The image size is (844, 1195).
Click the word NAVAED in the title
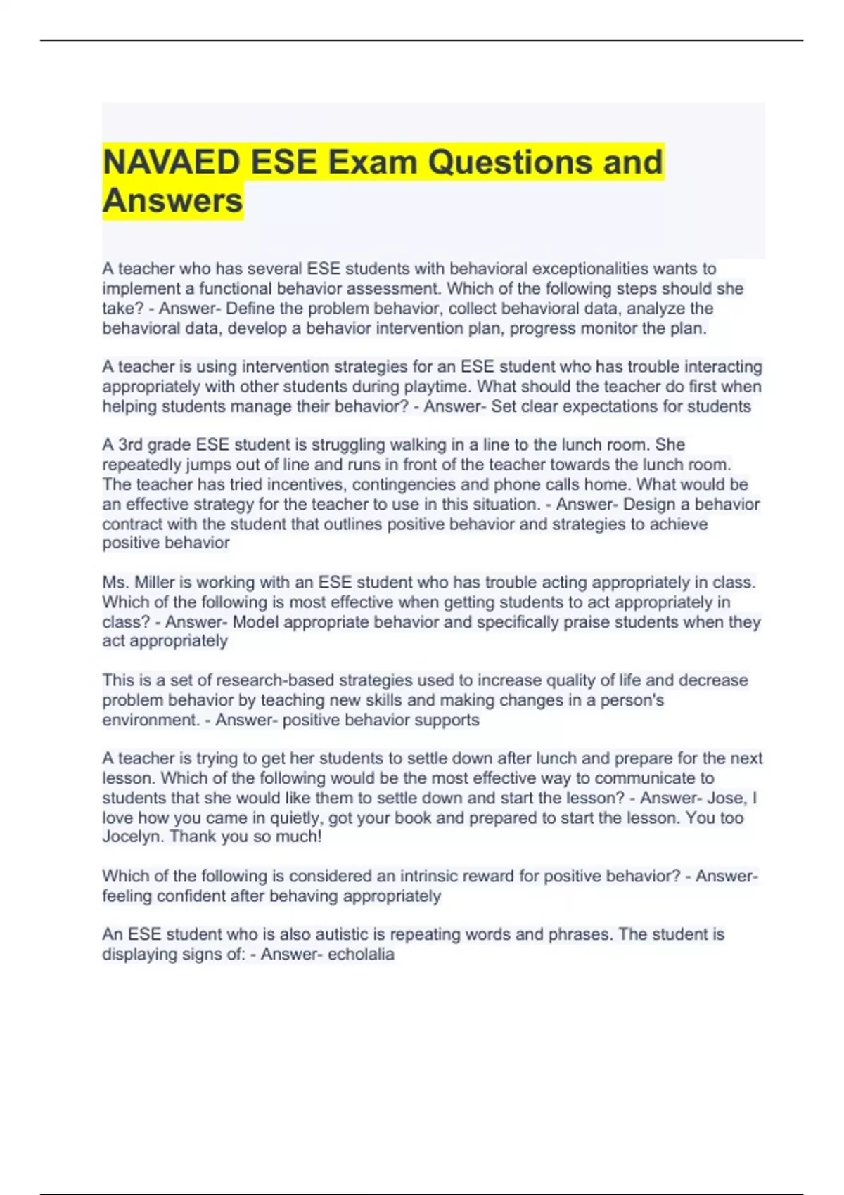(x=172, y=162)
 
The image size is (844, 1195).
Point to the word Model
(x=255, y=622)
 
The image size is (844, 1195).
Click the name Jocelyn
(x=132, y=837)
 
